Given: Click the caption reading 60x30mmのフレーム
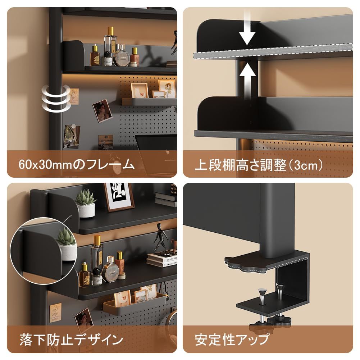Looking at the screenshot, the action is [77, 164].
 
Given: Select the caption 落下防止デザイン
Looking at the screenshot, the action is [71, 340].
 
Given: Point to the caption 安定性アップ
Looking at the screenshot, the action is [232, 340].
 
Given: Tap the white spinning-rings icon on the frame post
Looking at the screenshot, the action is [56, 98].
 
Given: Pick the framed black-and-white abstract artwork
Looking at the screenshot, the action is [119, 196].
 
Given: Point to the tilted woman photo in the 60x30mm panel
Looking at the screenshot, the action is [102, 111].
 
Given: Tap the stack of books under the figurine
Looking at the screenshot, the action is [162, 259].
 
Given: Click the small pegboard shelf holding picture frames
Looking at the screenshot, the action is [149, 101].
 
